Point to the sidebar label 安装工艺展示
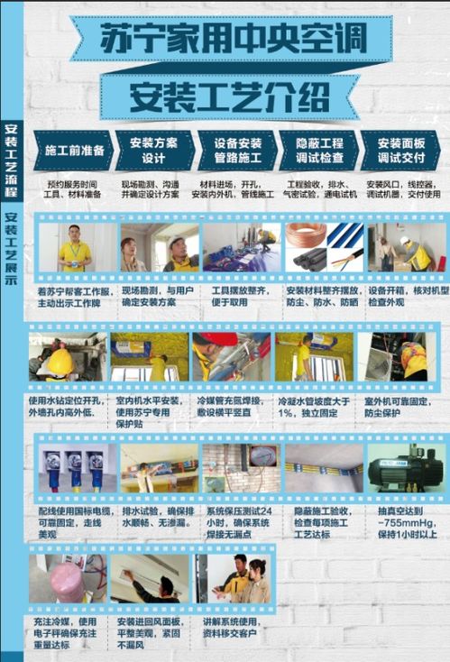coord(11,248)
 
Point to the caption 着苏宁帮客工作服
coord(75,297)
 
